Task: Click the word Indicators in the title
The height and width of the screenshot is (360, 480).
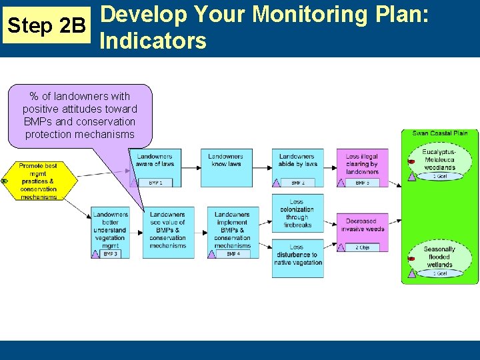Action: tap(153, 41)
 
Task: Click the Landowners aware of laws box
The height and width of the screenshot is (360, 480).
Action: tap(155, 163)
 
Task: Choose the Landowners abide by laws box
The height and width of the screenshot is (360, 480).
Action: tap(297, 163)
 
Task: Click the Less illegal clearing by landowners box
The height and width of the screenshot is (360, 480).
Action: tap(362, 163)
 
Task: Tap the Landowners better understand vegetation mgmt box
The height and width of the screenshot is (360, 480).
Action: tap(110, 231)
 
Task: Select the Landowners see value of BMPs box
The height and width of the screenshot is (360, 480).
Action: tap(167, 231)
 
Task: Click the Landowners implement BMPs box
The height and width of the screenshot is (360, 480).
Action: tap(232, 231)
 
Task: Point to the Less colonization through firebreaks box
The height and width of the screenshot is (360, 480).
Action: tap(297, 212)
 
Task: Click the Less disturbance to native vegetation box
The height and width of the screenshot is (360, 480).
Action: tap(297, 254)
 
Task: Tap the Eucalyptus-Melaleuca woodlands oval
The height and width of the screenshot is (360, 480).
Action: tap(439, 161)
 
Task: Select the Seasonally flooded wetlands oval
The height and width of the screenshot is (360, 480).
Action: tap(439, 257)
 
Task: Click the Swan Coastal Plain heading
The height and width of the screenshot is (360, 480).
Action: tap(439, 133)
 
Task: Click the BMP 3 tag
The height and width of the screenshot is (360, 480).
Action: tap(111, 254)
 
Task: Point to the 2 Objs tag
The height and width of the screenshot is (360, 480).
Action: tap(362, 247)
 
